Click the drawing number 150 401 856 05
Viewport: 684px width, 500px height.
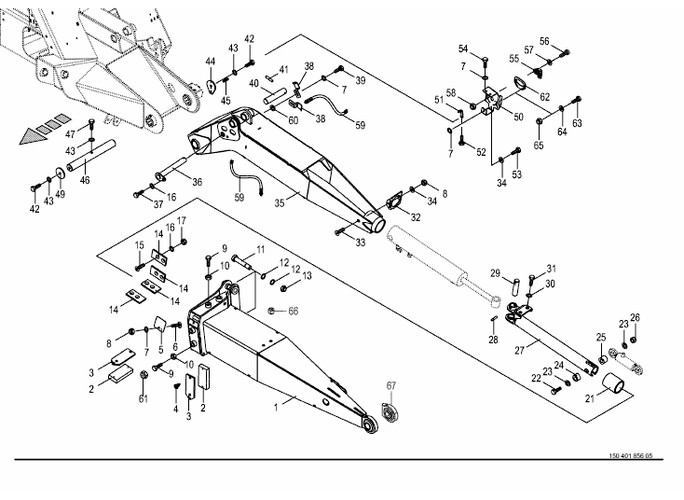pyautogui.click(x=630, y=456)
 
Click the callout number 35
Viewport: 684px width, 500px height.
pyautogui.click(x=280, y=202)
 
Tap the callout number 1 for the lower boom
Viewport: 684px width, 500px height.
pyautogui.click(x=276, y=408)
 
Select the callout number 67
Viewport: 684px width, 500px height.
pyautogui.click(x=390, y=385)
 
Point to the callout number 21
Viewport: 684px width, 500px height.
pyautogui.click(x=589, y=398)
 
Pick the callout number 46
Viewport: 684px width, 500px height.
pyautogui.click(x=85, y=179)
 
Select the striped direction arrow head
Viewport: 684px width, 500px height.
pyautogui.click(x=33, y=136)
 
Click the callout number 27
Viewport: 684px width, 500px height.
pyautogui.click(x=519, y=350)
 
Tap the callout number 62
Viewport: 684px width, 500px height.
pyautogui.click(x=545, y=96)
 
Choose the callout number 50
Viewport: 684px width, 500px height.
pyautogui.click(x=518, y=117)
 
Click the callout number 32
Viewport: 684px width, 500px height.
pyautogui.click(x=416, y=217)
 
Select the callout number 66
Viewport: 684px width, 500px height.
pyautogui.click(x=294, y=311)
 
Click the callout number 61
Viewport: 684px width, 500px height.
pyautogui.click(x=144, y=398)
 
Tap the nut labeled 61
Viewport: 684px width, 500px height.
pyautogui.click(x=144, y=376)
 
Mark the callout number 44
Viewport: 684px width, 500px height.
pyautogui.click(x=211, y=62)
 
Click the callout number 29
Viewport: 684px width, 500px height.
pyautogui.click(x=495, y=273)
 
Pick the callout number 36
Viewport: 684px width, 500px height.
pyautogui.click(x=198, y=182)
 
